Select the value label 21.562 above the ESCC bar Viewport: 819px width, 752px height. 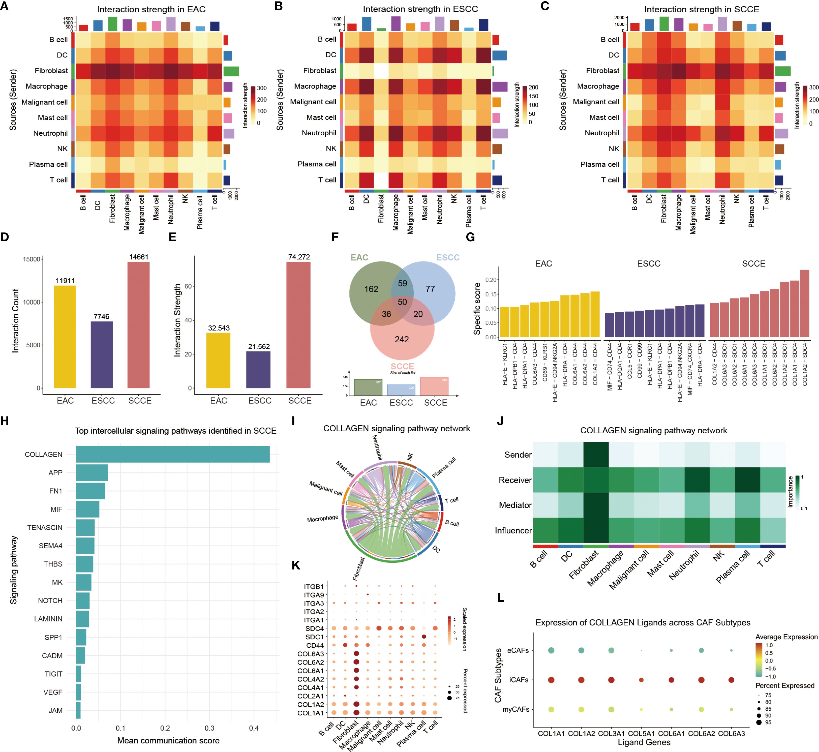pyautogui.click(x=259, y=347)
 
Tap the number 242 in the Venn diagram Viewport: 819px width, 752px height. pyautogui.click(x=402, y=339)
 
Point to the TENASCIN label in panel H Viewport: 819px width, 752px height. pyautogui.click(x=45, y=527)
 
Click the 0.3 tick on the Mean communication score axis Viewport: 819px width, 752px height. pyautogui.click(x=209, y=728)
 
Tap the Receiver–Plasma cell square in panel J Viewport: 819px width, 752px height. pyautogui.click(x=747, y=480)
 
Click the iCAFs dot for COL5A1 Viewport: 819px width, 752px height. pyautogui.click(x=641, y=680)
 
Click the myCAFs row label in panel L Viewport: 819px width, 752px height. pyautogui.click(x=515, y=709)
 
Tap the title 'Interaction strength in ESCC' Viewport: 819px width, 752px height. pyautogui.click(x=420, y=9)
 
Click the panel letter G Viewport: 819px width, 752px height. pyautogui.click(x=470, y=237)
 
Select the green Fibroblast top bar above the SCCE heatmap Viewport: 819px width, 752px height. pyautogui.click(x=663, y=24)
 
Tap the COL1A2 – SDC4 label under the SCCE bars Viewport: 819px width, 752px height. pyautogui.click(x=804, y=365)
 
